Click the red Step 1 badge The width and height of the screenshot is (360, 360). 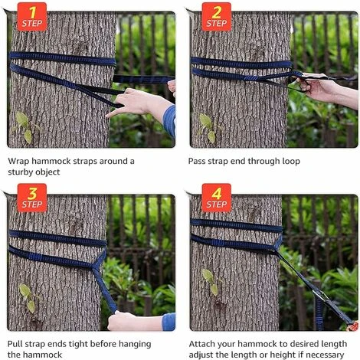click(32, 17)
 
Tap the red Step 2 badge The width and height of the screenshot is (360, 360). click(217, 17)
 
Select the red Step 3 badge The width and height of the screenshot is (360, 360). click(32, 198)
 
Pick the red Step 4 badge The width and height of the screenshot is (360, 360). click(217, 198)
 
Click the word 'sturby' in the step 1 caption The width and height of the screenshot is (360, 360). click(19, 172)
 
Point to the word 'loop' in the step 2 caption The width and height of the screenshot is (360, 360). click(291, 162)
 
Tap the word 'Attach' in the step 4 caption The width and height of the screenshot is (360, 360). click(201, 344)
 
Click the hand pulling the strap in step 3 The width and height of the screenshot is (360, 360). click(121, 321)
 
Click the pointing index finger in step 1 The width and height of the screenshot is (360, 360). click(114, 113)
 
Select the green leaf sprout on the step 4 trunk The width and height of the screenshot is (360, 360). click(210, 281)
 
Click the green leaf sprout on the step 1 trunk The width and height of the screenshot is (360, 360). click(25, 127)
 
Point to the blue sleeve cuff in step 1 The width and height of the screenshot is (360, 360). click(169, 121)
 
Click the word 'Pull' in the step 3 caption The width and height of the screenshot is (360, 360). click(15, 344)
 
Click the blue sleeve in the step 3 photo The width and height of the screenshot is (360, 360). click(169, 322)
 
